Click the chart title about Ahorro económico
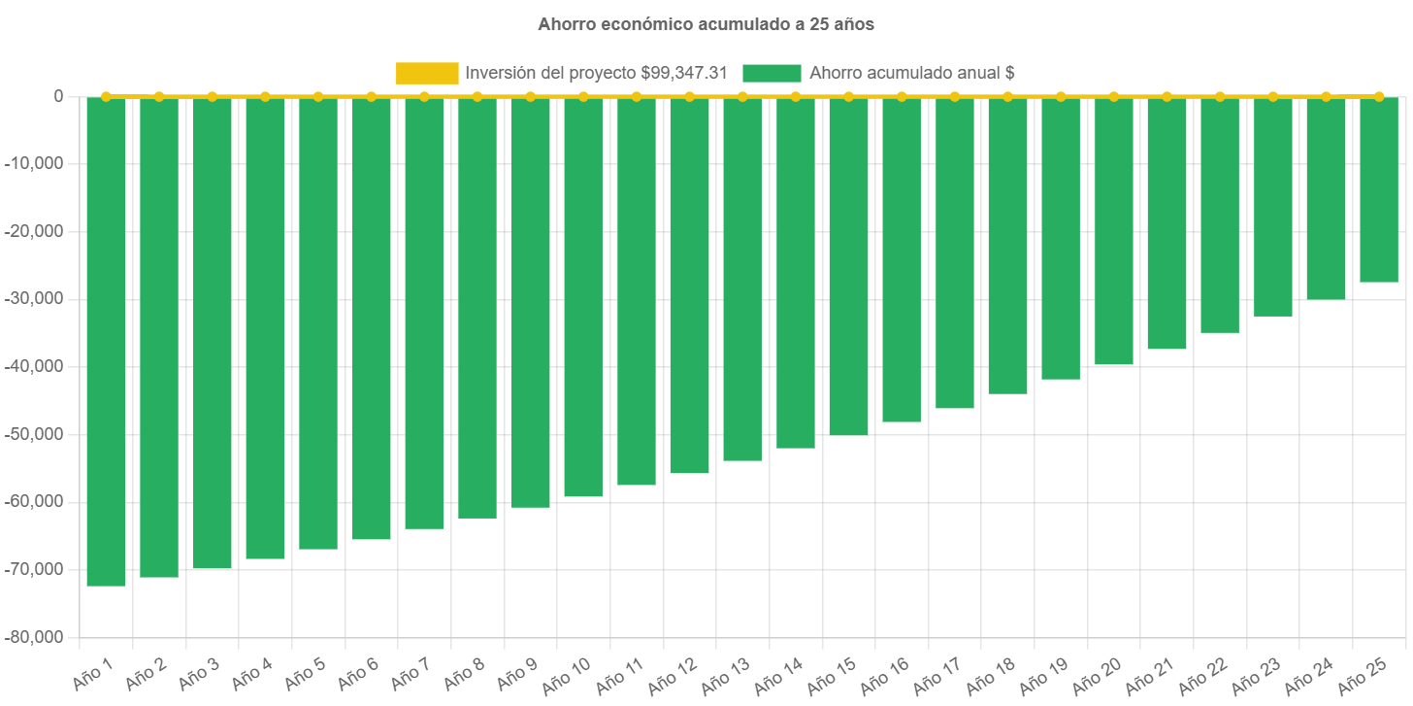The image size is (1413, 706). pyautogui.click(x=706, y=24)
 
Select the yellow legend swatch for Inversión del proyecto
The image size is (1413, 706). pyautogui.click(x=427, y=73)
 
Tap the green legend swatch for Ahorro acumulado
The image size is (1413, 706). pyautogui.click(x=772, y=73)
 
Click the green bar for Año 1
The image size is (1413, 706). pyautogui.click(x=106, y=340)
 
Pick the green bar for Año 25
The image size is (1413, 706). pyautogui.click(x=1378, y=189)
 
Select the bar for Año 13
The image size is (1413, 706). pyautogui.click(x=742, y=279)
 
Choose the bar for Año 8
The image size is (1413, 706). pyautogui.click(x=477, y=307)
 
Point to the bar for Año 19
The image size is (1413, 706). pyautogui.click(x=1061, y=238)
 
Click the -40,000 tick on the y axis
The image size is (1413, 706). pyautogui.click(x=36, y=366)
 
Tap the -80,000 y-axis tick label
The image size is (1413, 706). pyautogui.click(x=36, y=637)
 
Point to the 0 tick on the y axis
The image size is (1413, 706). pyautogui.click(x=58, y=96)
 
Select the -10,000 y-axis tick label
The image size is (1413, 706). pyautogui.click(x=36, y=163)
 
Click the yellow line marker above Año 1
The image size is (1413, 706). pyautogui.click(x=106, y=96)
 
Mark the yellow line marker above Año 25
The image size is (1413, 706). pyautogui.click(x=1378, y=96)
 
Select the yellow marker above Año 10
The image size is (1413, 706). pyautogui.click(x=583, y=96)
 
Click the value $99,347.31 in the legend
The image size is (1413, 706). pyautogui.click(x=684, y=73)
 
